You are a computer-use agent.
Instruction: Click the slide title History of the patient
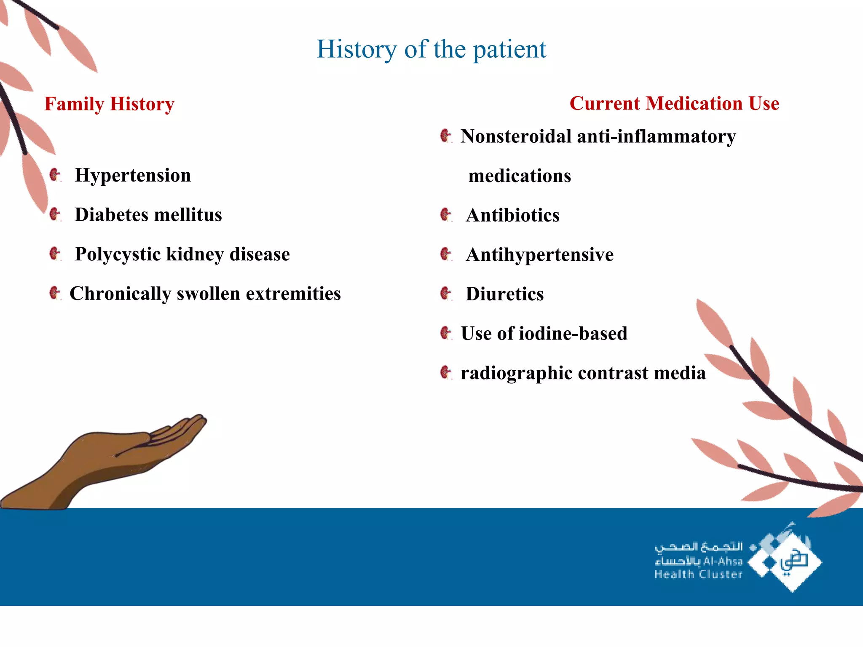(431, 49)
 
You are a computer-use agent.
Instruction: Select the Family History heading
(109, 104)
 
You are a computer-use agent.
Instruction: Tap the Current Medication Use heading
(674, 104)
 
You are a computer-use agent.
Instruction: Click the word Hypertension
(133, 175)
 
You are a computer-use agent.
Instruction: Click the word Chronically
(120, 294)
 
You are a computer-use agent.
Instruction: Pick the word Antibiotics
(512, 215)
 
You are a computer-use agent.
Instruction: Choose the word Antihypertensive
(539, 255)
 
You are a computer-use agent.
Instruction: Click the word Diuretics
(504, 294)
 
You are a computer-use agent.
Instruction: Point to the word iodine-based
(573, 334)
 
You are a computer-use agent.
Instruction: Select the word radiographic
(517, 373)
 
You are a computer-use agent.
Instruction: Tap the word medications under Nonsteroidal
(520, 176)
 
